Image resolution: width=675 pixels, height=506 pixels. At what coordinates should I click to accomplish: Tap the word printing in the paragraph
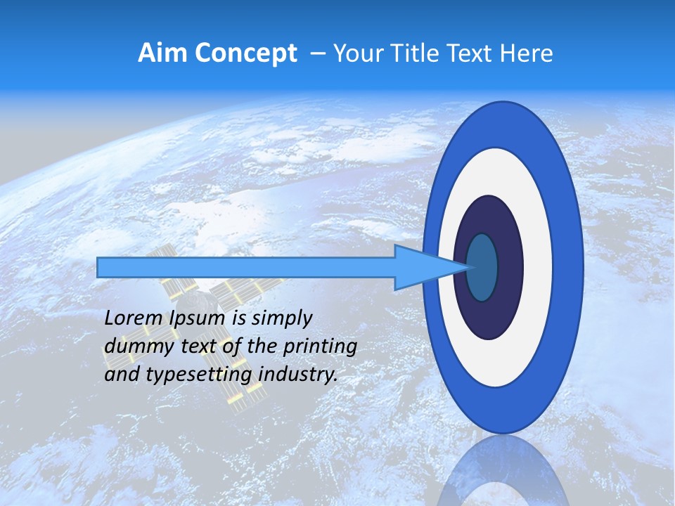coord(319,346)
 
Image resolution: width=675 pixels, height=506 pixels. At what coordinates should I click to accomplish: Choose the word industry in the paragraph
coord(298,375)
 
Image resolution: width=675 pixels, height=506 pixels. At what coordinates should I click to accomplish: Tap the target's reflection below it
coord(503,471)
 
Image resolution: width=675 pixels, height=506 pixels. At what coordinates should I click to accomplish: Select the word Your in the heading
coord(357,53)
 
